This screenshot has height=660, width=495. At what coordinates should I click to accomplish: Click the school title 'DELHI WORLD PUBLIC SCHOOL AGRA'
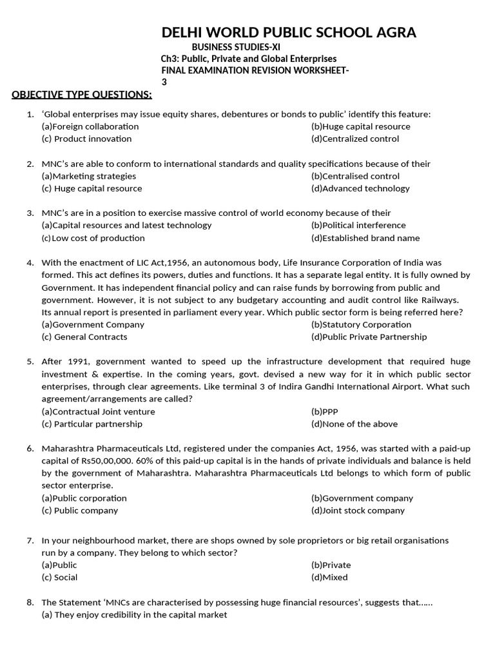click(288, 33)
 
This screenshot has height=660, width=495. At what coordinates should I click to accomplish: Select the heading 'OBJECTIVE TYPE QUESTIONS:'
click(82, 95)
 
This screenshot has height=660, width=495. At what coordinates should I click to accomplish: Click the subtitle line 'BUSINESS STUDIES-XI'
click(236, 47)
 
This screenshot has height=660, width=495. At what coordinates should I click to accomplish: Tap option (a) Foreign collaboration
click(90, 126)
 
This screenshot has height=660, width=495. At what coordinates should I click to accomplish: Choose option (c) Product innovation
click(86, 139)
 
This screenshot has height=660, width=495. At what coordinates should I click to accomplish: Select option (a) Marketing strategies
click(88, 176)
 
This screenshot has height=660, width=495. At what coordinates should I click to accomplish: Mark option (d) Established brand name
click(365, 238)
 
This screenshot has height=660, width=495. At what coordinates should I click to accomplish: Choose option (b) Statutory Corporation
click(361, 324)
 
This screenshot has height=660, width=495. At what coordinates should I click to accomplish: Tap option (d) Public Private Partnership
click(369, 336)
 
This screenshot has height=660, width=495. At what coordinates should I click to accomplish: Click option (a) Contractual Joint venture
click(98, 411)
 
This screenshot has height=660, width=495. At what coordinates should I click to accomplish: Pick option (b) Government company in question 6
click(362, 498)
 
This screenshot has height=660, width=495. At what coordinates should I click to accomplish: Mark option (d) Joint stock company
click(358, 510)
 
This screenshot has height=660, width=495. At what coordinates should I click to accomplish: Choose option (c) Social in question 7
click(59, 577)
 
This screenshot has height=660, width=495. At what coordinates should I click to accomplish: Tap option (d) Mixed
click(329, 577)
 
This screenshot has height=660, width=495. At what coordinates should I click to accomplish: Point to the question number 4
click(30, 263)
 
